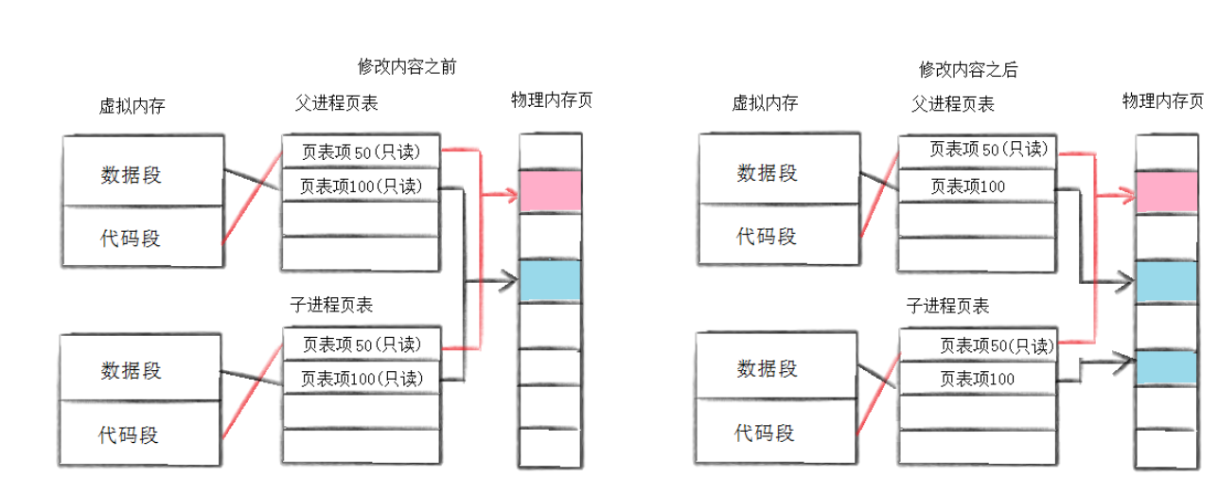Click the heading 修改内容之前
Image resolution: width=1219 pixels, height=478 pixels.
412,67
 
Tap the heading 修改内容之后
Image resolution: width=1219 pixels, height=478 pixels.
967,69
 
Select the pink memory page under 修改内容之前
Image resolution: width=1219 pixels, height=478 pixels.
549,190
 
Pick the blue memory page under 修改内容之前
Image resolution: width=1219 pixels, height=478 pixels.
549,280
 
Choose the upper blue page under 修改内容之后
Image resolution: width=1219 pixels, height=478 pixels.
1164,282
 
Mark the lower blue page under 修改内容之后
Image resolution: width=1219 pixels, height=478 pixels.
1164,366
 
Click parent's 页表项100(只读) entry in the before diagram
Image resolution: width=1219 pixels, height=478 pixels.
360,186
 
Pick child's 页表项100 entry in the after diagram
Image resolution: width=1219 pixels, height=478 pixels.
977,379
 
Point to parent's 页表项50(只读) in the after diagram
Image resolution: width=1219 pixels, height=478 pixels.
977,150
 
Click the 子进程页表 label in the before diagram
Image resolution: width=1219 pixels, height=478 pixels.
331,305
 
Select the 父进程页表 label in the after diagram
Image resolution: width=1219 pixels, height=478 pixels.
953,104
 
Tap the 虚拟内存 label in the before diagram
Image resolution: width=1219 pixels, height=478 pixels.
132,106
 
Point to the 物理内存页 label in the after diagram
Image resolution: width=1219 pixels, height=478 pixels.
1162,100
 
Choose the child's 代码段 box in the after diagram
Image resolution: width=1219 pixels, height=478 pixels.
766,434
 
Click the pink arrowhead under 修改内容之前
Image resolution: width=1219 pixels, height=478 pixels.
511,196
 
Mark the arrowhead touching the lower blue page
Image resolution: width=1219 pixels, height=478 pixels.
1127,359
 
